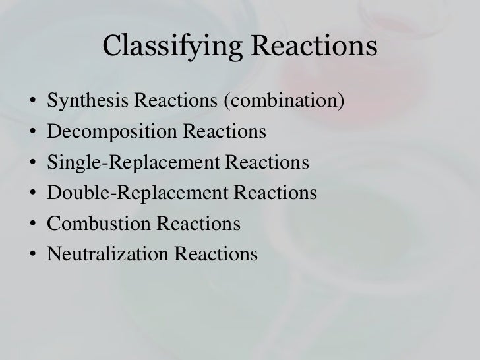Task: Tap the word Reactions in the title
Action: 312,47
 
